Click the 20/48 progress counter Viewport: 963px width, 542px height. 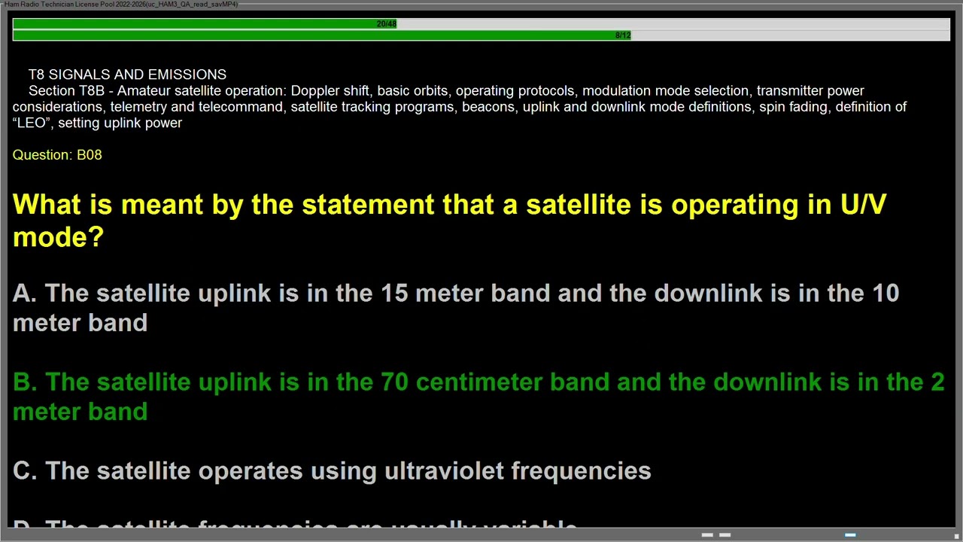[386, 24]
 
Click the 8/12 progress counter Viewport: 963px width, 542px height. [622, 35]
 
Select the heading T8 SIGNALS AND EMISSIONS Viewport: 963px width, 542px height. [127, 75]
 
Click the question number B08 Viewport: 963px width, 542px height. [89, 154]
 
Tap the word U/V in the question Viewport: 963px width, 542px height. [863, 205]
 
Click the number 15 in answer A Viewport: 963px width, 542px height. [393, 293]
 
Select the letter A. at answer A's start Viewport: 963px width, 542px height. [24, 293]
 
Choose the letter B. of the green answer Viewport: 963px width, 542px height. [24, 382]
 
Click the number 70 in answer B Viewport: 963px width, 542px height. [394, 382]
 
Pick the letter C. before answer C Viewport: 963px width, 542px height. [24, 471]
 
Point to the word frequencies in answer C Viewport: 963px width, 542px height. [581, 471]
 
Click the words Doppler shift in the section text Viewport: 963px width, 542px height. [330, 91]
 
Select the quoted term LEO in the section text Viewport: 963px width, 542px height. [32, 123]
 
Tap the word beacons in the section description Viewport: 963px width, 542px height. [488, 107]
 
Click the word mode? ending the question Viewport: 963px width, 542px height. [58, 238]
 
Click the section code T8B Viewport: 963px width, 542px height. [91, 91]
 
